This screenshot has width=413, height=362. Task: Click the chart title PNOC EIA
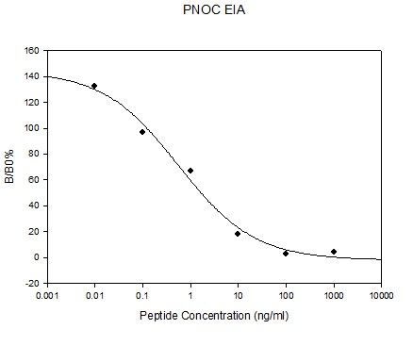point(214,10)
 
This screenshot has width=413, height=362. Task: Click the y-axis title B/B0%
point(9,167)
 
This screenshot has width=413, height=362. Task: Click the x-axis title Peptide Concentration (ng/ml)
point(214,316)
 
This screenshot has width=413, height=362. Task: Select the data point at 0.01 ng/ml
point(94,86)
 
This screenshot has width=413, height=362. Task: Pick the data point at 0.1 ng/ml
point(142,132)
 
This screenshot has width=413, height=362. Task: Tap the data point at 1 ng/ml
point(190,171)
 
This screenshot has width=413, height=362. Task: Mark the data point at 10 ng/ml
point(238,234)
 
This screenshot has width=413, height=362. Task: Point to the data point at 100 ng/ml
point(286,254)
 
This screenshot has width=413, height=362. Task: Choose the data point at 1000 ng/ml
point(334,252)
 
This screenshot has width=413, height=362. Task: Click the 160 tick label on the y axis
point(31,51)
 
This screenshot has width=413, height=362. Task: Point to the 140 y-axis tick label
point(31,76)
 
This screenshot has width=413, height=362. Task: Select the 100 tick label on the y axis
point(31,128)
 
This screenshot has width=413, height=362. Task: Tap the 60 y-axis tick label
point(34,180)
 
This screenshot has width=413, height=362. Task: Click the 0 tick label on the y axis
point(37,257)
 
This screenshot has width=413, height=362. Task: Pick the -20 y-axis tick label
point(32,284)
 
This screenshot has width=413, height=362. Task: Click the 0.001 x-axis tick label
point(47,296)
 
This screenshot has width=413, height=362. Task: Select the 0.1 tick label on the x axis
point(142,296)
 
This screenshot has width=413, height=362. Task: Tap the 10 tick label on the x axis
point(239,296)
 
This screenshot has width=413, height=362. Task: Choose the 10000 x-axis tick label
point(382,296)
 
